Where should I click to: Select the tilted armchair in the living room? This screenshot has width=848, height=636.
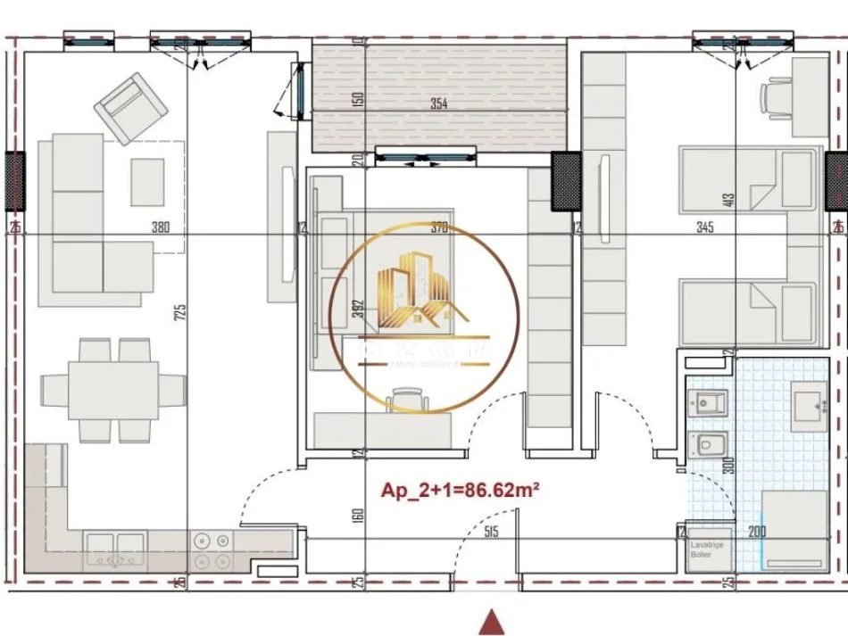click(131, 108)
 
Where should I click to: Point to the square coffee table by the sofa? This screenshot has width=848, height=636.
click(147, 182)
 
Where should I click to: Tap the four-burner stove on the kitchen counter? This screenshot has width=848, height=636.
click(211, 549)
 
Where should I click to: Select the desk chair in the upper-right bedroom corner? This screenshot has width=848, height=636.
click(778, 97)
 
